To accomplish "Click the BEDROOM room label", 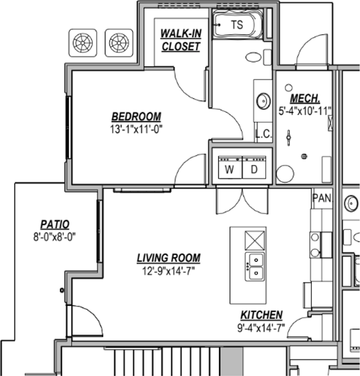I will click(136, 117).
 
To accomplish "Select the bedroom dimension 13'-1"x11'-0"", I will click(136, 128).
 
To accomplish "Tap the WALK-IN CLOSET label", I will click(181, 40).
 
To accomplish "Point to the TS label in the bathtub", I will click(237, 25).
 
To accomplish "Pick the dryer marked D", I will click(254, 170).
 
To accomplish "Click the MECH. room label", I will click(305, 99).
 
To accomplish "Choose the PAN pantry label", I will click(322, 198).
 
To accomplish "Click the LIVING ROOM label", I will click(168, 258).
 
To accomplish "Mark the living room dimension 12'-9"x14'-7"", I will click(168, 271).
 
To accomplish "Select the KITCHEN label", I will click(261, 315).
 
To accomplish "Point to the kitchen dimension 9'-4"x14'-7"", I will click(261, 327).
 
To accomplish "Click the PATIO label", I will click(55, 225).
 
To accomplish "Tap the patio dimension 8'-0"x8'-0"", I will click(54, 236).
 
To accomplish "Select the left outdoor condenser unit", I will click(83, 42).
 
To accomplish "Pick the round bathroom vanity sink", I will click(264, 101).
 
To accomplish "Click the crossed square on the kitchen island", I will click(255, 240).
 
